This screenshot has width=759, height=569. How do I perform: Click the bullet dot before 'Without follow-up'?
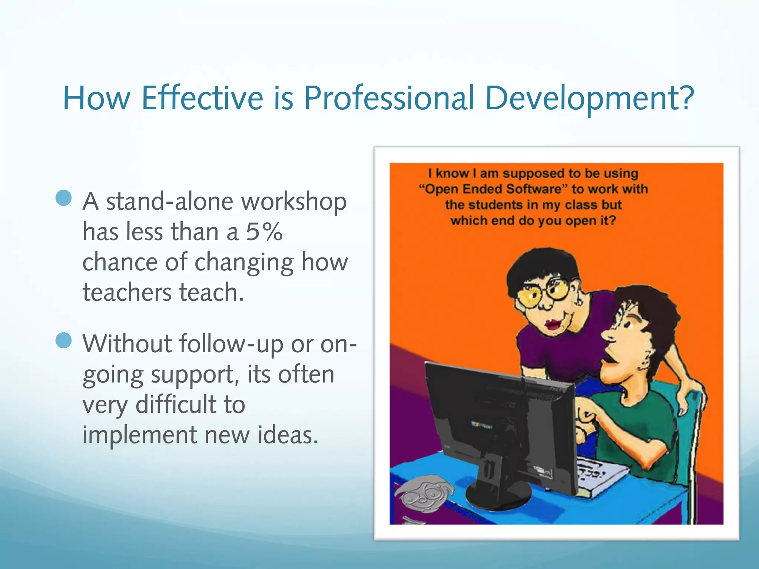[63, 340]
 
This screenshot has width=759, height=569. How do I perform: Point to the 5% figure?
[264, 232]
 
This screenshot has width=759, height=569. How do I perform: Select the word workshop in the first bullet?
[294, 202]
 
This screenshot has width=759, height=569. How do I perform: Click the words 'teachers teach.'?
[163, 292]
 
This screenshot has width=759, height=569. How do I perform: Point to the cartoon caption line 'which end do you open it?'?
[533, 221]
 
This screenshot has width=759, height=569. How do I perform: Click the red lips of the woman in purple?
[553, 324]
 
